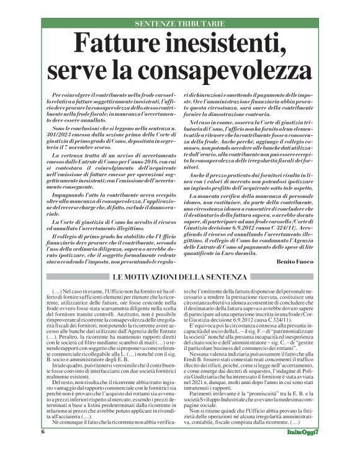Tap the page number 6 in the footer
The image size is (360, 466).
pos(43,449)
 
